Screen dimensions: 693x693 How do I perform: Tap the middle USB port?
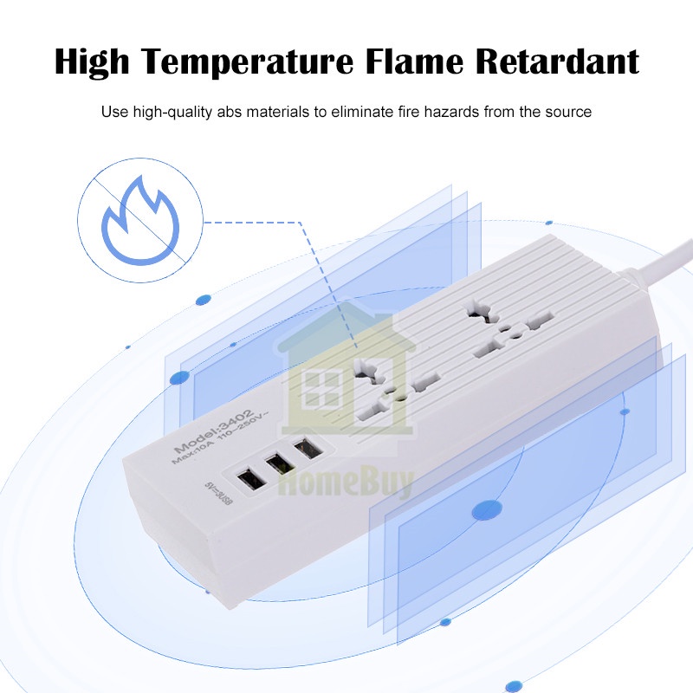coord(277,464)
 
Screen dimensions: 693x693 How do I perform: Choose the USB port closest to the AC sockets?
coord(306,450)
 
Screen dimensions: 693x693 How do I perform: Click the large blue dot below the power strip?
coord(487,510)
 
